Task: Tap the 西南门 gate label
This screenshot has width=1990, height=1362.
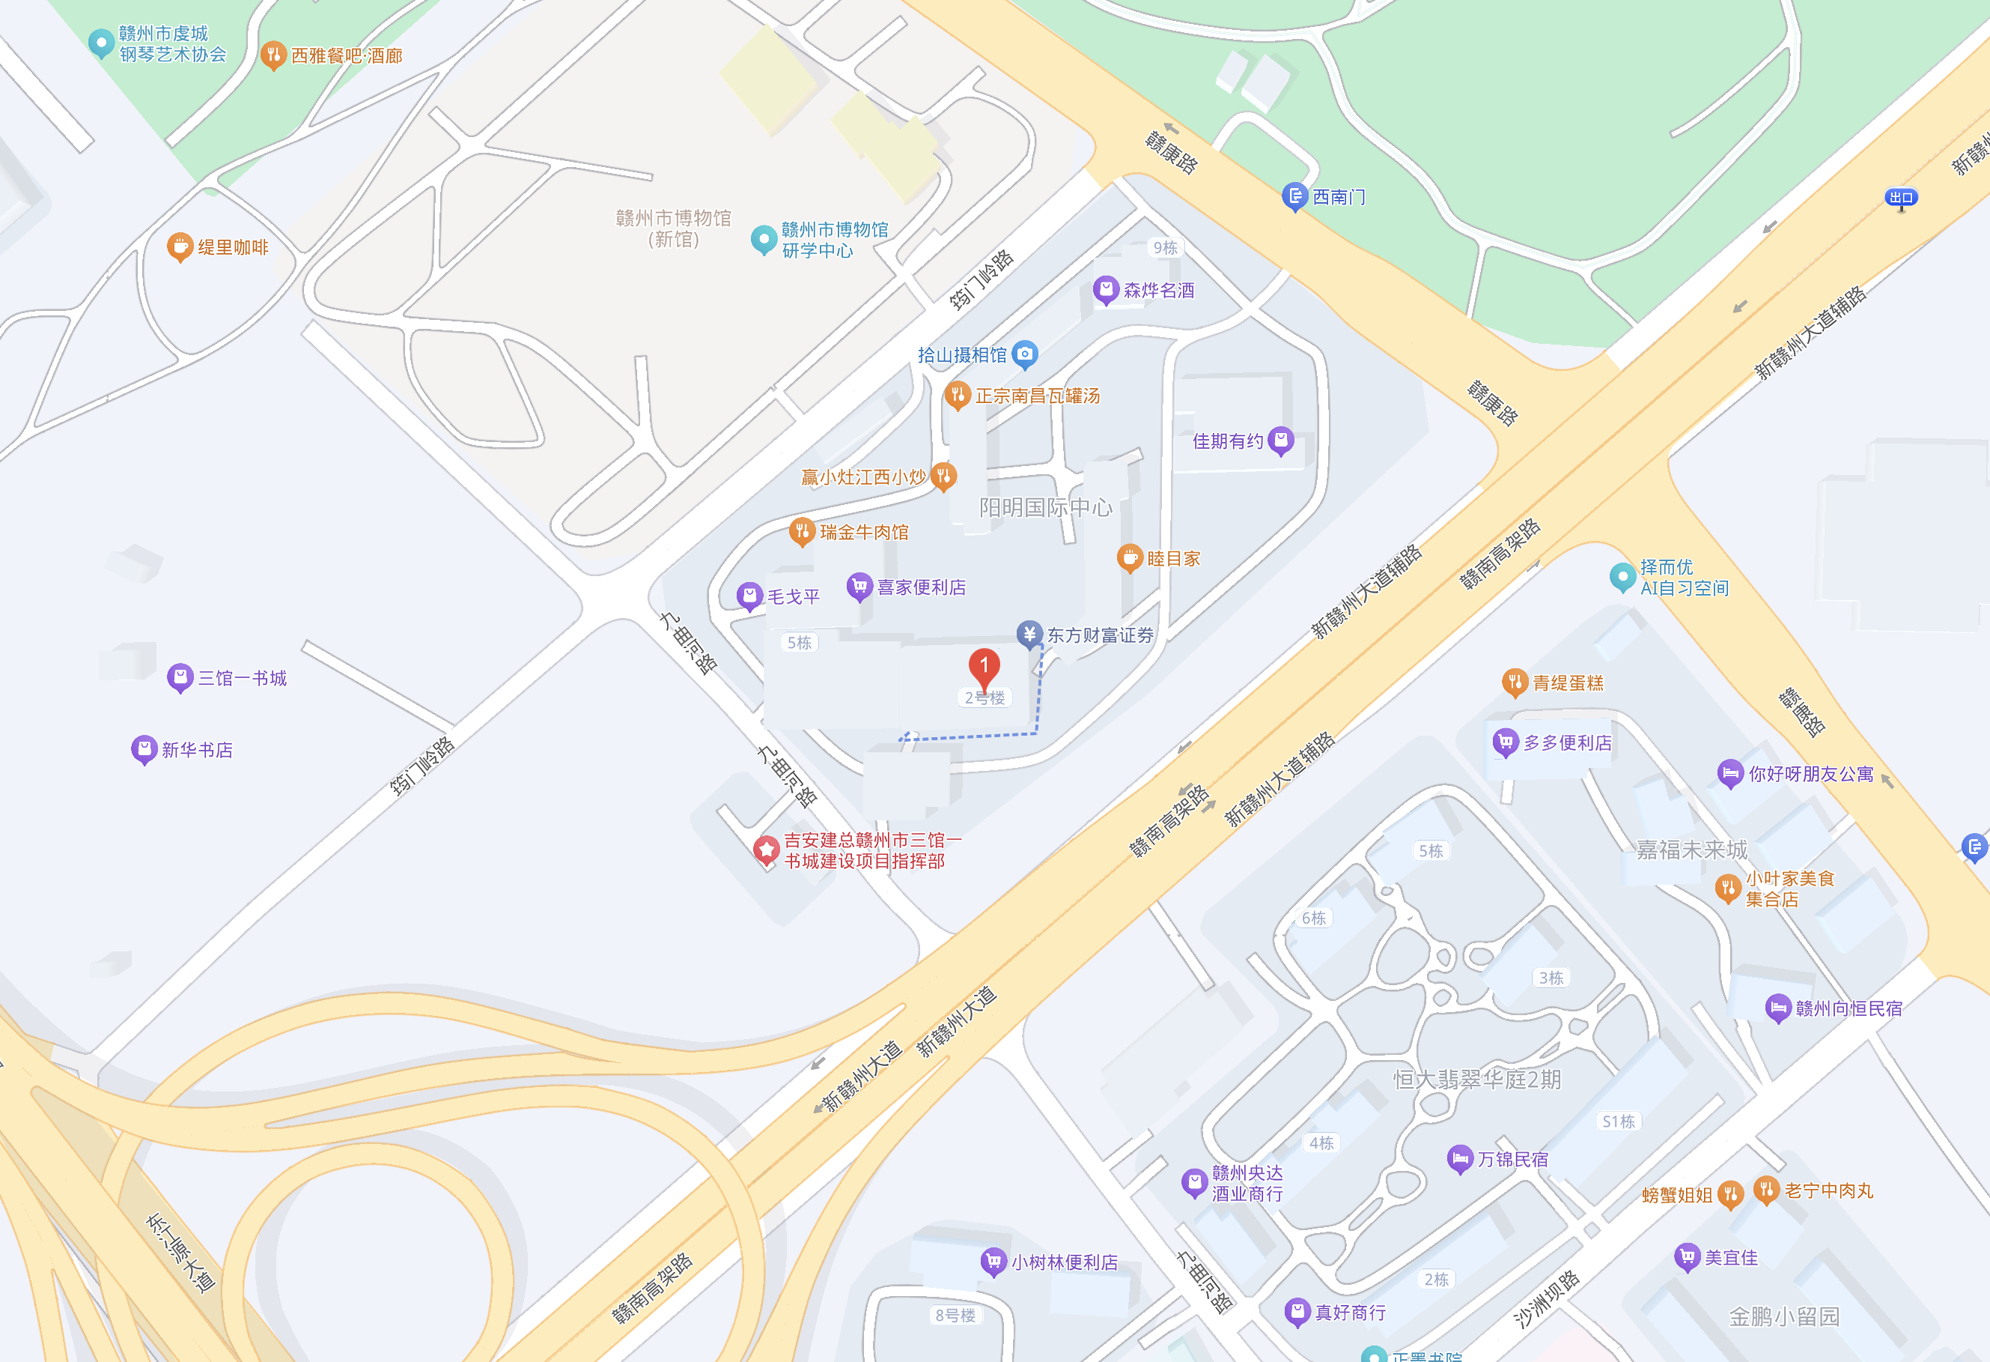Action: click(x=1339, y=197)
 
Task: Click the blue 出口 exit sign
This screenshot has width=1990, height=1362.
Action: click(x=1900, y=198)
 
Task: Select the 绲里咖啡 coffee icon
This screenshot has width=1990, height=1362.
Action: click(x=179, y=246)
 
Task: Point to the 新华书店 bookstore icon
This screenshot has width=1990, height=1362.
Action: click(x=144, y=749)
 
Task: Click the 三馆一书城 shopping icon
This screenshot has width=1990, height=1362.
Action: click(x=180, y=677)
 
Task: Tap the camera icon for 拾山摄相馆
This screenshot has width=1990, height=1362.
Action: click(x=1025, y=354)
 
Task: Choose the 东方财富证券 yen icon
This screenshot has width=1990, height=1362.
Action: click(x=1029, y=634)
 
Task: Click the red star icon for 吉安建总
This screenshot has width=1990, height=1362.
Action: click(x=765, y=850)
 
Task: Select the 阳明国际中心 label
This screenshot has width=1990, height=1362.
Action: click(x=1045, y=507)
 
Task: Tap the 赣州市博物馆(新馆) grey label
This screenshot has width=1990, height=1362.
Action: click(x=674, y=228)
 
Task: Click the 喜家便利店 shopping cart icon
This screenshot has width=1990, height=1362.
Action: click(x=859, y=586)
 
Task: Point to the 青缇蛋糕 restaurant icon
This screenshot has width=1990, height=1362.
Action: click(x=1515, y=682)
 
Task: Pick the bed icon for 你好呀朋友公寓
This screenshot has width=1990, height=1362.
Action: click(x=1729, y=772)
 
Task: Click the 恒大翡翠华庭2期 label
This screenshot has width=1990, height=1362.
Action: click(x=1477, y=1080)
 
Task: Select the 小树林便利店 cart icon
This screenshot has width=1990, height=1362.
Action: click(x=994, y=1261)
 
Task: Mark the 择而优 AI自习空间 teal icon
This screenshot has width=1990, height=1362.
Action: click(x=1622, y=577)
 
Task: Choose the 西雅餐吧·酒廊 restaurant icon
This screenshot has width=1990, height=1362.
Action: click(x=273, y=55)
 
